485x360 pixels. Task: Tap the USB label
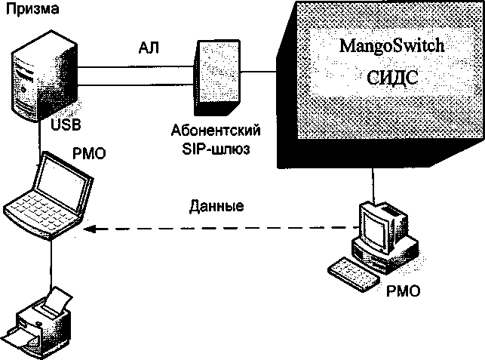coord(66,123)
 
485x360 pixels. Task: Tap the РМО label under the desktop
coord(400,290)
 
